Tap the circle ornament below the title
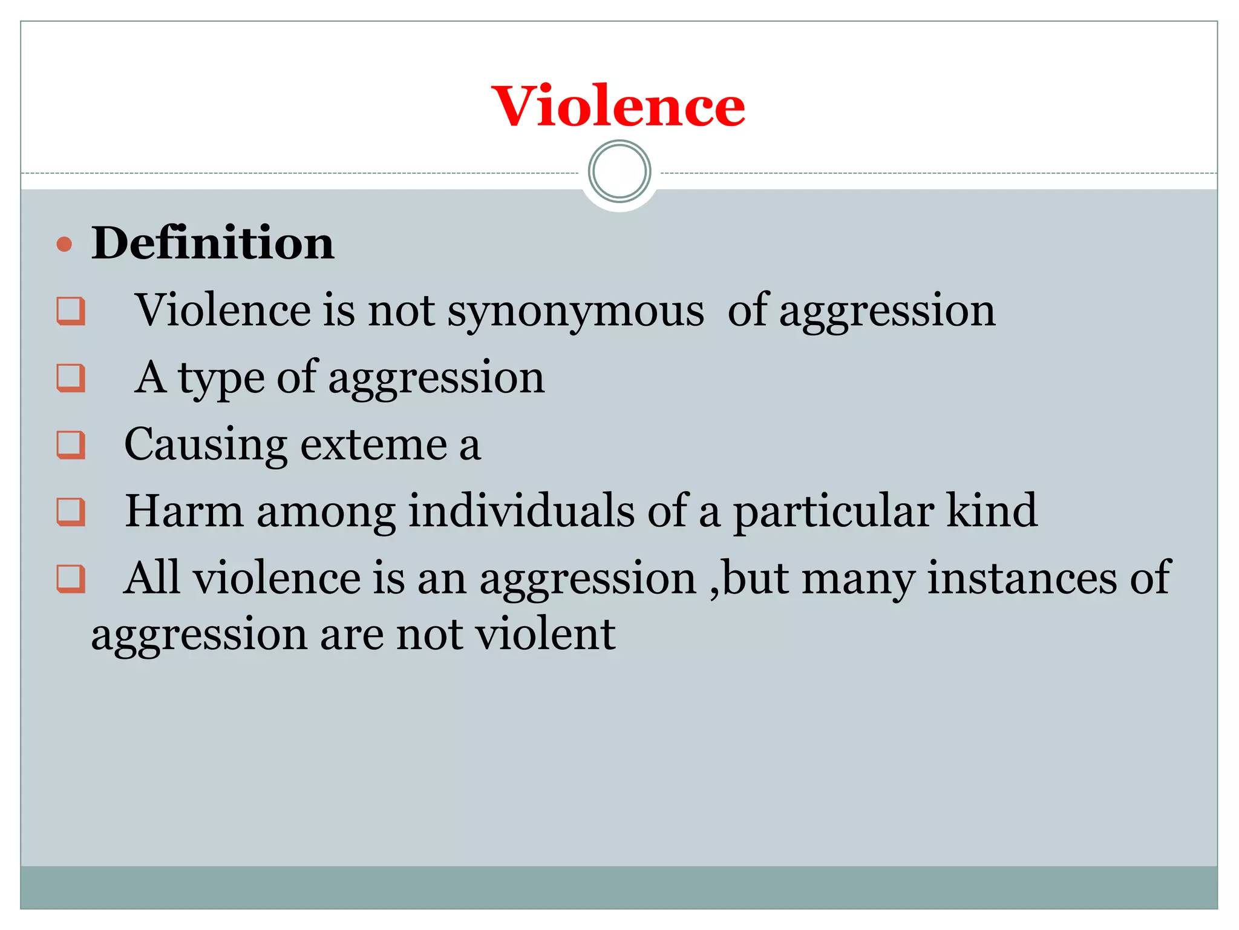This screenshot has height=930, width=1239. tap(619, 171)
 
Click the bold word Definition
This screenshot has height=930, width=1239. tap(212, 243)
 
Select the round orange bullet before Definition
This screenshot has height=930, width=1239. tap(64, 245)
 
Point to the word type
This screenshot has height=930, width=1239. tap(221, 378)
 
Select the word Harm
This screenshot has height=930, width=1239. tap(184, 511)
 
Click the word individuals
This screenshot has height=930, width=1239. tap(521, 511)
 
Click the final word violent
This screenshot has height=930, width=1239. tap(545, 635)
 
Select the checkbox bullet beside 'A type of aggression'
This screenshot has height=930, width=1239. tap(71, 378)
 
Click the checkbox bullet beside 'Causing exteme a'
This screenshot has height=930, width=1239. tap(71, 445)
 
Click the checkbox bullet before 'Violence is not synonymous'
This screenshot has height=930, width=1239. tap(71, 311)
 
